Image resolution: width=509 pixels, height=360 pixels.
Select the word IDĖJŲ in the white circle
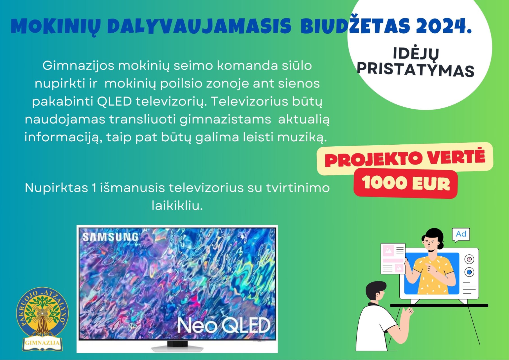pos(416,54)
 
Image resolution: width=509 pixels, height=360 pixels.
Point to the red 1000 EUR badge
pos(406,183)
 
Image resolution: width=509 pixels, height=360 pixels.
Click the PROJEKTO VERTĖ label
pos(405,158)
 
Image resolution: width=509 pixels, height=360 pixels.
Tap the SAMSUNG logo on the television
pos(110,237)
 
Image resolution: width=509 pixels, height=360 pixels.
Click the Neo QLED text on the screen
pos(224,326)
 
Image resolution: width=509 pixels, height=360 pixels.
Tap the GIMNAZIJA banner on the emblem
pos(42,343)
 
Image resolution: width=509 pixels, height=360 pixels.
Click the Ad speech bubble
pos(461,234)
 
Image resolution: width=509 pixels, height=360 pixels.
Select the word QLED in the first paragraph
pos(114,101)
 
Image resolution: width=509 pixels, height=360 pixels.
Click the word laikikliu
pos(177,205)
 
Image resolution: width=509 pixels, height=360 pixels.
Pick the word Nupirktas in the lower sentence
pos(57,188)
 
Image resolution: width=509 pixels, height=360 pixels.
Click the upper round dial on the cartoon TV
pos(469,259)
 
